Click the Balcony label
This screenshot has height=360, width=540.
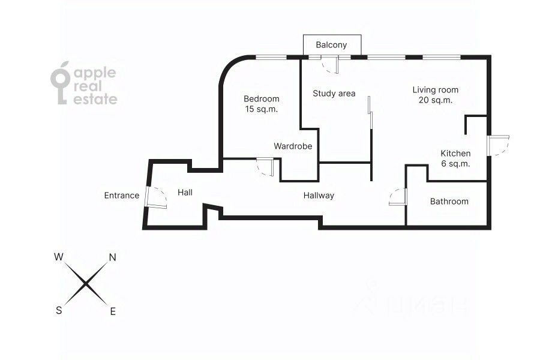pyautogui.click(x=331, y=45)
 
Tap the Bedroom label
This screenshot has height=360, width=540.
pyautogui.click(x=262, y=99)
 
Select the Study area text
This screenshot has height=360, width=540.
pyautogui.click(x=334, y=94)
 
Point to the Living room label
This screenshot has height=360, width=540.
pyautogui.click(x=435, y=90)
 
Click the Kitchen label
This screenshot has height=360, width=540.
pyautogui.click(x=455, y=154)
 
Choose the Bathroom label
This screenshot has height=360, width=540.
pyautogui.click(x=449, y=202)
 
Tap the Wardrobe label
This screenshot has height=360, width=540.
pyautogui.click(x=293, y=146)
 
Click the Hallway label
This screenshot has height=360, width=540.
pyautogui.click(x=319, y=196)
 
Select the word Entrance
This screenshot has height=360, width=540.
pyautogui.click(x=122, y=196)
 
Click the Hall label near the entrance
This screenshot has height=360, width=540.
pyautogui.click(x=185, y=193)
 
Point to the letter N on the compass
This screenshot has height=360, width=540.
pyautogui.click(x=112, y=257)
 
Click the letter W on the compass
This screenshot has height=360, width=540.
pyautogui.click(x=59, y=257)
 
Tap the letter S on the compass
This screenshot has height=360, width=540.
pyautogui.click(x=59, y=310)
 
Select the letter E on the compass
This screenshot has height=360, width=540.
pyautogui.click(x=113, y=311)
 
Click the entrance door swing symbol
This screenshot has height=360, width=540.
pyautogui.click(x=156, y=197)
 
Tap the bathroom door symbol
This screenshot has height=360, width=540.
pyautogui.click(x=398, y=197)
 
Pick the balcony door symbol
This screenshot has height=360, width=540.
pyautogui.click(x=329, y=65)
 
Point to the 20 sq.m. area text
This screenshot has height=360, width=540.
pyautogui.click(x=435, y=100)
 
